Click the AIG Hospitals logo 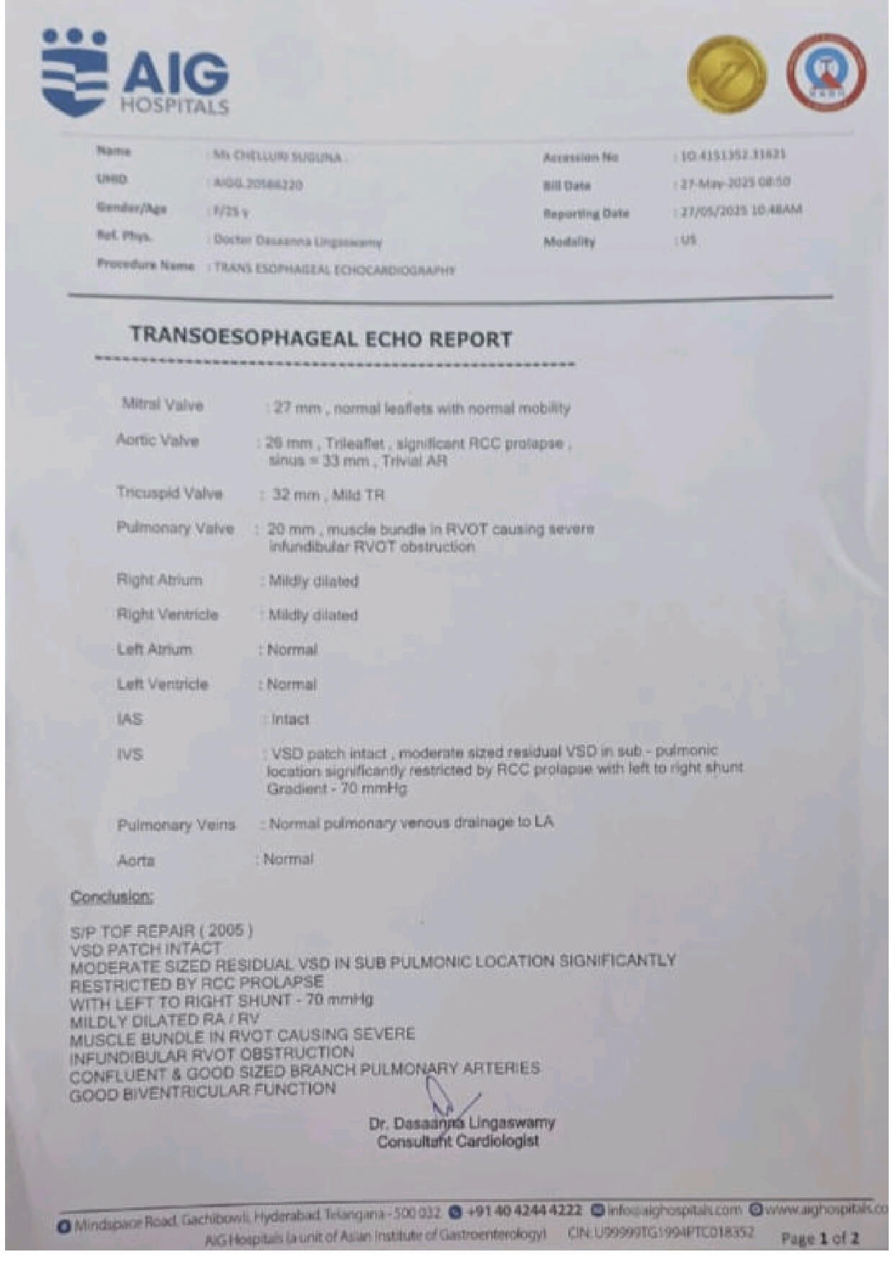[x=135, y=73]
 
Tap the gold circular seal [x=727, y=75]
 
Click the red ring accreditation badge [x=826, y=73]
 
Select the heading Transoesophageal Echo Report [x=320, y=338]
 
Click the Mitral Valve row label [x=162, y=405]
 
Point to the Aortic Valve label [x=157, y=440]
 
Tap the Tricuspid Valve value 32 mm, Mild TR [x=328, y=495]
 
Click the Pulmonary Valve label [x=175, y=528]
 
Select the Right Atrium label [x=159, y=580]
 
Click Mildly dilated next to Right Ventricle [x=313, y=615]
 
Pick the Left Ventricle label [x=162, y=684]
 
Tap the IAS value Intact [x=290, y=719]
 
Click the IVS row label [x=130, y=754]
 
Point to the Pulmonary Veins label [x=176, y=824]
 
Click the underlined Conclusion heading [x=112, y=896]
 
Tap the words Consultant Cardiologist [x=457, y=1141]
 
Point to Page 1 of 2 [x=820, y=1238]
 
